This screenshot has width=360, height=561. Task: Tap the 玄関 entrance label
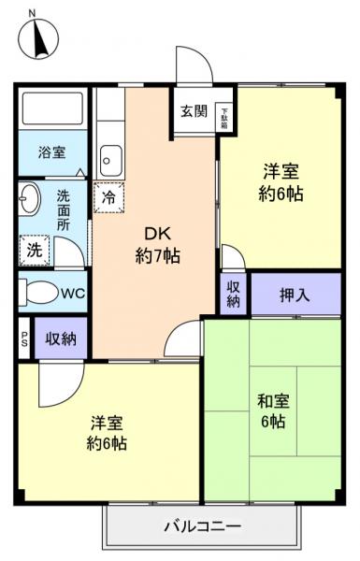[194, 111]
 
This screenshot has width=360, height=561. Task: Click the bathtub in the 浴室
[51, 113]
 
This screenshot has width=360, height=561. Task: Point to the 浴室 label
[51, 152]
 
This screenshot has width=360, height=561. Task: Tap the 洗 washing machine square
[34, 250]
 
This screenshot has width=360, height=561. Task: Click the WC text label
[72, 293]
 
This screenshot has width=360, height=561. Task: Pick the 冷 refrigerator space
[108, 197]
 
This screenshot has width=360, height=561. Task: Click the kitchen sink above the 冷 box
[110, 162]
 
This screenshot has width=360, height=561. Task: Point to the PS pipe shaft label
[23, 338]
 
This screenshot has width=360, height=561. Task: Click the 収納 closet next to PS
[61, 338]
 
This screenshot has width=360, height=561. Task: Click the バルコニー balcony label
[203, 526]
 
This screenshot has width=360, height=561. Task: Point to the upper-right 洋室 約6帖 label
[281, 183]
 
